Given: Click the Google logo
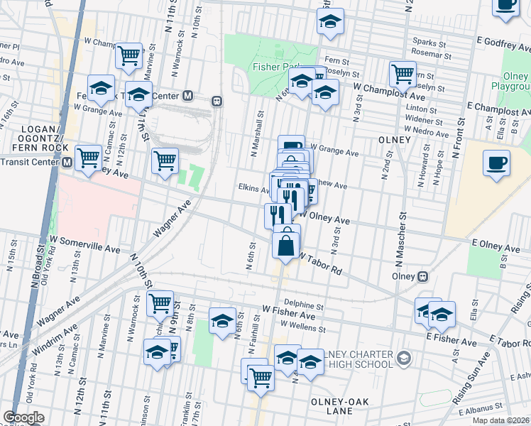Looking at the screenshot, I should coord(23,417).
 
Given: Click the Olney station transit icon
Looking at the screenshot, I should coord(423,275).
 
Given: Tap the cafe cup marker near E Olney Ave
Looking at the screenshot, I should coord(497,163).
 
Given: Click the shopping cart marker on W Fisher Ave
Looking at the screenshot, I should coord(160,304).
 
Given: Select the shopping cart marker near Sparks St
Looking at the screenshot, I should coord(403,73).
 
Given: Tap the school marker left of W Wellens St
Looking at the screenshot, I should coord(222,320).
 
